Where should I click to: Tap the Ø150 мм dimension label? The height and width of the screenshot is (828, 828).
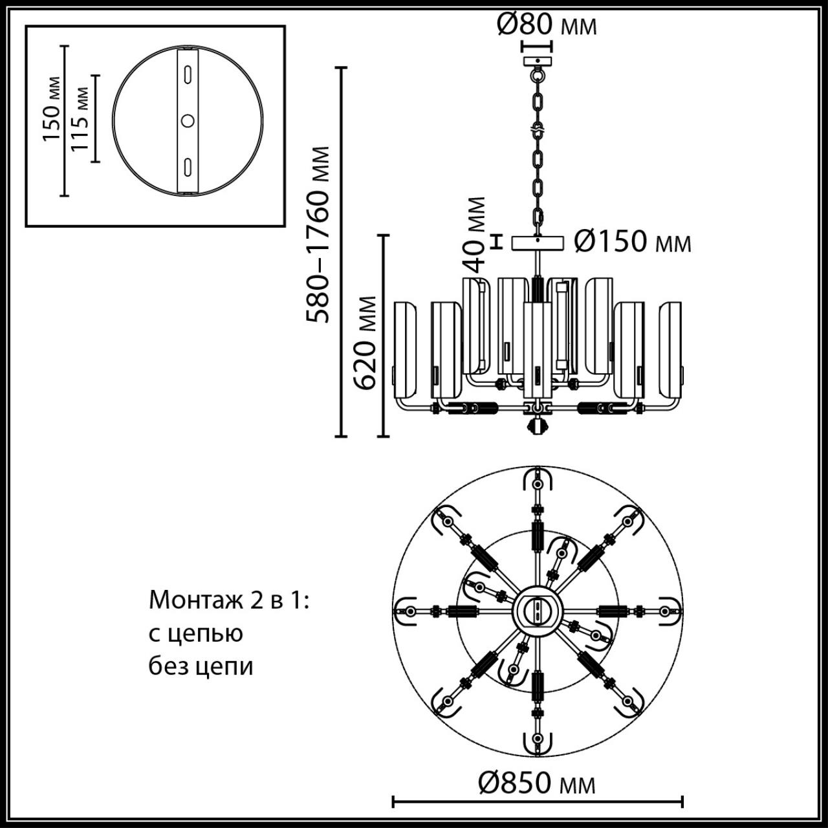coord(633,242)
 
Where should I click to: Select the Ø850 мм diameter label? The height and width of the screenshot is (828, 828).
coord(536,783)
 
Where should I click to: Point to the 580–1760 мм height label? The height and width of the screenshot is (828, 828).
coord(318,234)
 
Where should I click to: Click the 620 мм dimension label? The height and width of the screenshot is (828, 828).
coord(365,342)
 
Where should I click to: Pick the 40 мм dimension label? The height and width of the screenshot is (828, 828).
coord(475,234)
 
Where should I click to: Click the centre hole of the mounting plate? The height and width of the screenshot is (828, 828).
coord(188,120)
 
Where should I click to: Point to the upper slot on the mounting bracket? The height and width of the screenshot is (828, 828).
coord(188,74)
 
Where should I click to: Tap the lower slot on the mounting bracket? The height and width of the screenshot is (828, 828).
coord(188,166)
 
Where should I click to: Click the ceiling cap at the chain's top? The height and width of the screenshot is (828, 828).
coord(536,61)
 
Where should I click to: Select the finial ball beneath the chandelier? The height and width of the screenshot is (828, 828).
coord(537,426)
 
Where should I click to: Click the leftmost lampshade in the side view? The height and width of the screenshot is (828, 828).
coord(406,349)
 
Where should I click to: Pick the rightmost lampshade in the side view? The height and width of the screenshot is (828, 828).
coord(671,349)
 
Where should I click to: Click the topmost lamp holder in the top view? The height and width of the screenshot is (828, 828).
coord(536,483)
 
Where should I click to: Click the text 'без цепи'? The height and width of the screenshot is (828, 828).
coord(201,666)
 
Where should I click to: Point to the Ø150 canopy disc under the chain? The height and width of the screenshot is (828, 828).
coord(537,243)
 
